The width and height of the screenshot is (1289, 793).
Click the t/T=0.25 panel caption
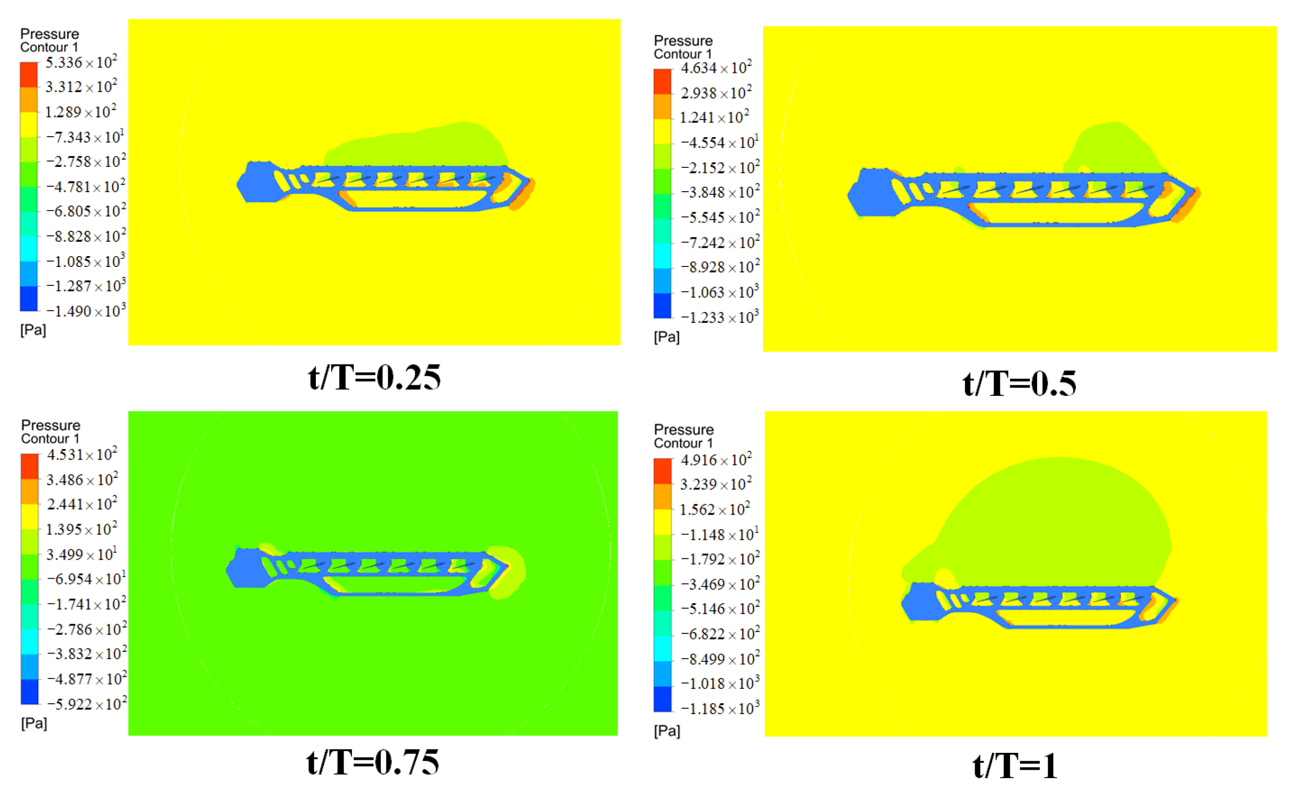coord(374,377)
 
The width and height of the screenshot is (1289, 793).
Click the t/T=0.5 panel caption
coord(1019,383)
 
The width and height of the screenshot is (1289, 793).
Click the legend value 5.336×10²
coord(81,62)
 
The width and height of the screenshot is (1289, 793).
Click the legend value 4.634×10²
coord(716,68)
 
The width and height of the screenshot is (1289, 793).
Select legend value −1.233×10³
coord(719,317)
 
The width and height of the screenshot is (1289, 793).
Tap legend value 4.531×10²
coord(81,455)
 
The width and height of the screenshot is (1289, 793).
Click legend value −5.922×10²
coord(87,704)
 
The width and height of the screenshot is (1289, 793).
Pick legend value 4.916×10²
coord(716,460)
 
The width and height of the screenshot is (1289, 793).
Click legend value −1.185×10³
coord(719,709)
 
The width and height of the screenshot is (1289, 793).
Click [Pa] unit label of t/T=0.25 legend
coord(33,330)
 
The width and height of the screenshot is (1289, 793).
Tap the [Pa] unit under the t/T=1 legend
coord(666,731)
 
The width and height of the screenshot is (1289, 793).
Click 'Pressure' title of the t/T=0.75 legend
coord(51,425)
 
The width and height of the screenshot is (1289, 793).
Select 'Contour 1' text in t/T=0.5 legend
coord(682,54)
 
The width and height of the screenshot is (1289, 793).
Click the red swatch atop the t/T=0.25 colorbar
coord(29,74)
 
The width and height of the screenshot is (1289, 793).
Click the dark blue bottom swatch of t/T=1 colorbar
coord(662,699)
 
